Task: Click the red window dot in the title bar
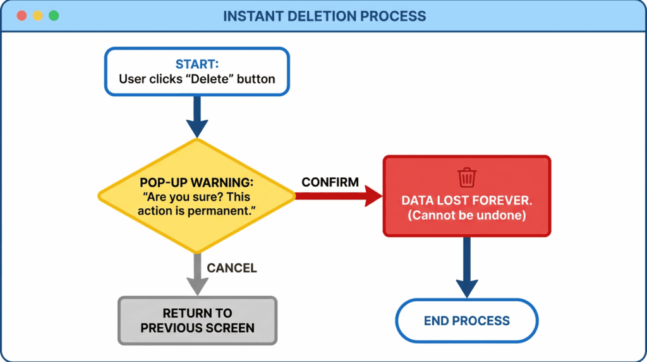[x=21, y=16]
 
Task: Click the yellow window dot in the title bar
[x=37, y=16]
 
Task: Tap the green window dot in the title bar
[x=54, y=16]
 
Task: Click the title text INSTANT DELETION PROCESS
[x=324, y=16]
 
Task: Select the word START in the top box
[x=197, y=64]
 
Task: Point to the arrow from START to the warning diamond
[x=197, y=118]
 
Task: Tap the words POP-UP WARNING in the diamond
[x=197, y=182]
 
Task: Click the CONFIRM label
[x=330, y=182]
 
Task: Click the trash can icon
[x=467, y=178]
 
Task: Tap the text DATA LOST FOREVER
[x=466, y=201]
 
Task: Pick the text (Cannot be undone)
[x=466, y=215]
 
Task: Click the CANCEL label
[x=232, y=268]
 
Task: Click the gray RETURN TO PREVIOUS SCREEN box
[x=197, y=320]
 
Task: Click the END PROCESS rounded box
[x=466, y=321]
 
